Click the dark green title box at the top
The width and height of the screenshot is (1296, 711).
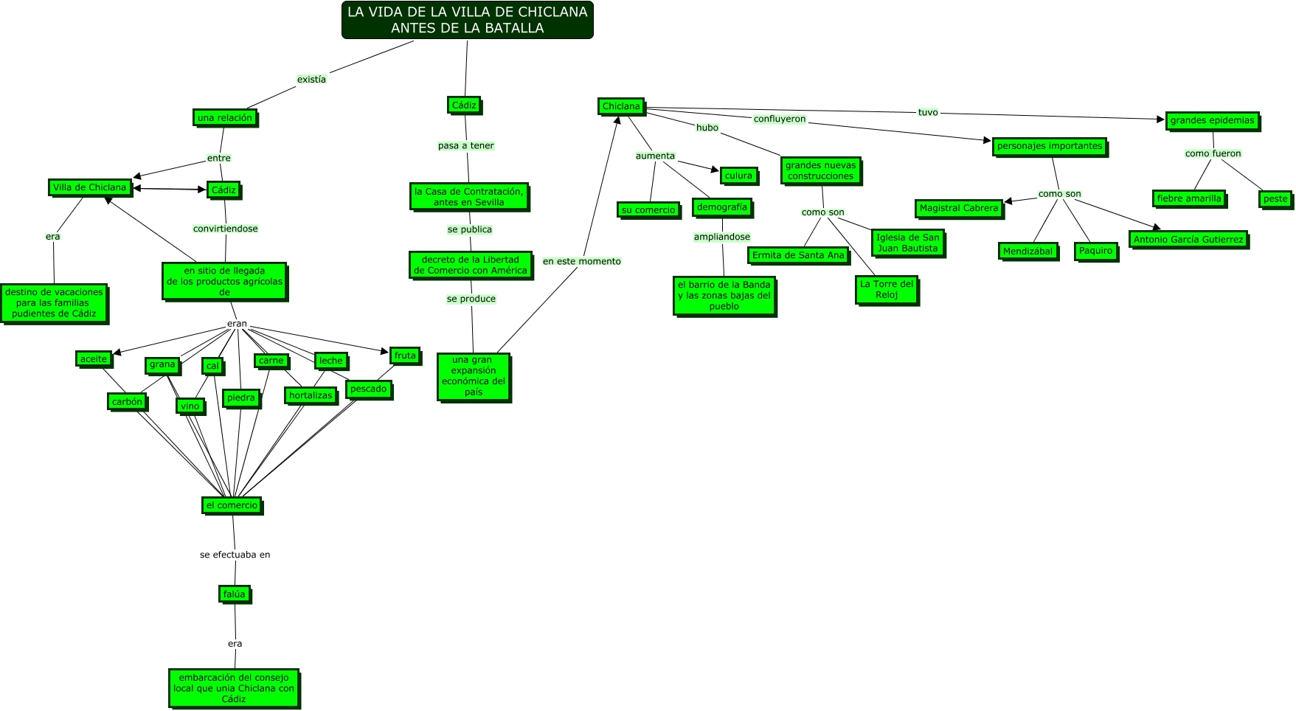(x=467, y=20)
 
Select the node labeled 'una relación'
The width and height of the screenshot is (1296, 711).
(x=225, y=117)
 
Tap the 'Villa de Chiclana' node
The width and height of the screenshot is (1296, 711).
(x=89, y=187)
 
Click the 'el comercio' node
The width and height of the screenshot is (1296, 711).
(x=232, y=505)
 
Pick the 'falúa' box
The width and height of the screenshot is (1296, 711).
(x=234, y=594)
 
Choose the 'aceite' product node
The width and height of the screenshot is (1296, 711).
(x=94, y=359)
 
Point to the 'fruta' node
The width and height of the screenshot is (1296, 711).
(x=405, y=355)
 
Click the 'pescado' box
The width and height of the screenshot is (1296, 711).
(x=368, y=389)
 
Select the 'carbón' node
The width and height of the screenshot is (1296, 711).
(x=127, y=402)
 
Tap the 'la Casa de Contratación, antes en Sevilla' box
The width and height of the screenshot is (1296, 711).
(x=469, y=197)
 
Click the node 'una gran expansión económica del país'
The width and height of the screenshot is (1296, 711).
(x=474, y=376)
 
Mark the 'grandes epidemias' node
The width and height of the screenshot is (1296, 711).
(x=1212, y=120)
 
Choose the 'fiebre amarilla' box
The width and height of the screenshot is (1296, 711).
(x=1189, y=198)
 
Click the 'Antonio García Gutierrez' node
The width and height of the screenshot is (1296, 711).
(x=1188, y=240)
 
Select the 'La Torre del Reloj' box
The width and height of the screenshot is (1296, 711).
(x=887, y=289)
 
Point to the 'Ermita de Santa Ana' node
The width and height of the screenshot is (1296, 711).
(x=798, y=255)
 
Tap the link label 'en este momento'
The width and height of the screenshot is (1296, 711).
(x=582, y=261)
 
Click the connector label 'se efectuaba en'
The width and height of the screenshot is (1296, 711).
(x=235, y=555)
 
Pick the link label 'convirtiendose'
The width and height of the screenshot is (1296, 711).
(x=226, y=229)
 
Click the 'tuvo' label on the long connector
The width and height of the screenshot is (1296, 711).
(x=928, y=112)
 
